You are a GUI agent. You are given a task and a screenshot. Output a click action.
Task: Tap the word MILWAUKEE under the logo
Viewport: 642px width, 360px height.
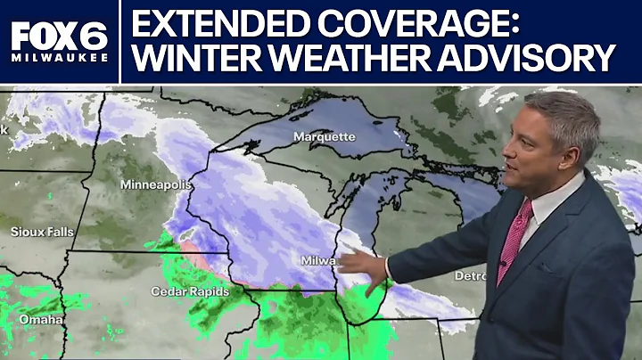59,58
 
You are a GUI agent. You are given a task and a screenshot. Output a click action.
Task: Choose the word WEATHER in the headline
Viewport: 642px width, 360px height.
345,60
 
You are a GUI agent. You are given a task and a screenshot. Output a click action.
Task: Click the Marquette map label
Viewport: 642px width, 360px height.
324,136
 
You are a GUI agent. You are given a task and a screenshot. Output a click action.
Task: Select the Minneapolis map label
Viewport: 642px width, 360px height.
156,184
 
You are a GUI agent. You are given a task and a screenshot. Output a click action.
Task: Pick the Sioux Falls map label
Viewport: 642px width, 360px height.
42,232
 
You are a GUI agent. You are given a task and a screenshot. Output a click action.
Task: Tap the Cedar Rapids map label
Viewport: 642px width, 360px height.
190,291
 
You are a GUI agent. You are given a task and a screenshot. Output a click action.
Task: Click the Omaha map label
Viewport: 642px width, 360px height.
41,319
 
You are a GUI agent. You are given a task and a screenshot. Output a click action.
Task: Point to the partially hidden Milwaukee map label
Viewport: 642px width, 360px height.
318,261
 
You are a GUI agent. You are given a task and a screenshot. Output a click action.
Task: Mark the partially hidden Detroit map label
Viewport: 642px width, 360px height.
469,276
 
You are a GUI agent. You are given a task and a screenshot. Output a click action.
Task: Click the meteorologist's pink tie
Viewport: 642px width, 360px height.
514,240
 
